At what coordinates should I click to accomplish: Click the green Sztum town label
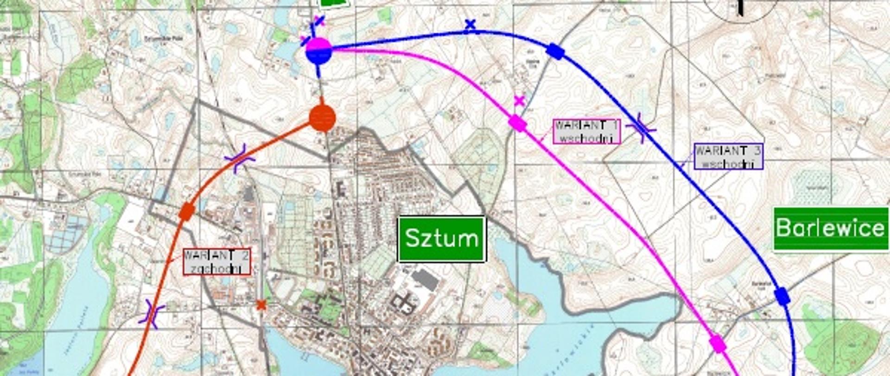coord(441,239)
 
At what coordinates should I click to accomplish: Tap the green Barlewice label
coord(830,228)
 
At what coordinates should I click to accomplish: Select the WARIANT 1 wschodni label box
coord(587,131)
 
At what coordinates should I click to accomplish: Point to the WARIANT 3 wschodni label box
coord(728,156)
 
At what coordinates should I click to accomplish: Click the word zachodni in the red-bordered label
coord(217,269)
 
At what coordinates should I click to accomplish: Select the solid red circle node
coord(322,118)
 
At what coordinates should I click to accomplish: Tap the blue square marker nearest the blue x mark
coord(555,51)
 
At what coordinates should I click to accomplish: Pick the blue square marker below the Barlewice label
coord(782,296)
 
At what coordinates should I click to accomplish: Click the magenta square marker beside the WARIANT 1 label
coord(517,123)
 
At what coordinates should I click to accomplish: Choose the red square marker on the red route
coord(186,212)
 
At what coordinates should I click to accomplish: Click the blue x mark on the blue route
coord(470,25)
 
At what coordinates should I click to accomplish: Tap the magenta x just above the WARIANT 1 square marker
coord(519,101)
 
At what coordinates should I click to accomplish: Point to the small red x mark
coord(261,305)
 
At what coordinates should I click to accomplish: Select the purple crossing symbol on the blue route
coord(641,128)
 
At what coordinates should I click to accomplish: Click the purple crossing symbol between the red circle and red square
coord(240,158)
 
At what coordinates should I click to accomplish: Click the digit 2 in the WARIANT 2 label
coord(244,256)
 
